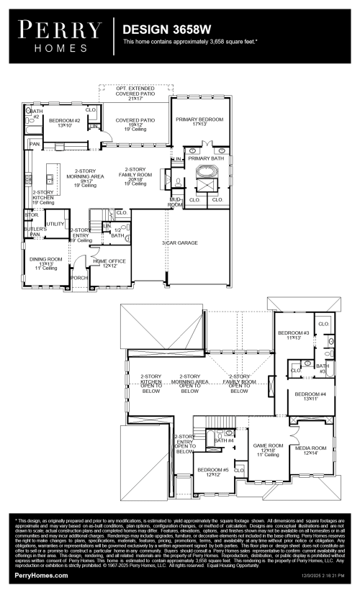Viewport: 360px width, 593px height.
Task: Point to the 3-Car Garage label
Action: pos(179,243)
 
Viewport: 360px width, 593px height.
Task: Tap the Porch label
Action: pos(78,277)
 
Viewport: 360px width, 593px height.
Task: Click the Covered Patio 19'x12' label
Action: pos(136,124)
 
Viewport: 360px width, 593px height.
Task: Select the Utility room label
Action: pos(55,225)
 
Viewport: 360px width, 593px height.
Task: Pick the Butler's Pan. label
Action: pos(34,230)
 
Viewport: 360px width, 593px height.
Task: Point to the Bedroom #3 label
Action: pos(293,335)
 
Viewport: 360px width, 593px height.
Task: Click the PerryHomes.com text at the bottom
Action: pos(42,576)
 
